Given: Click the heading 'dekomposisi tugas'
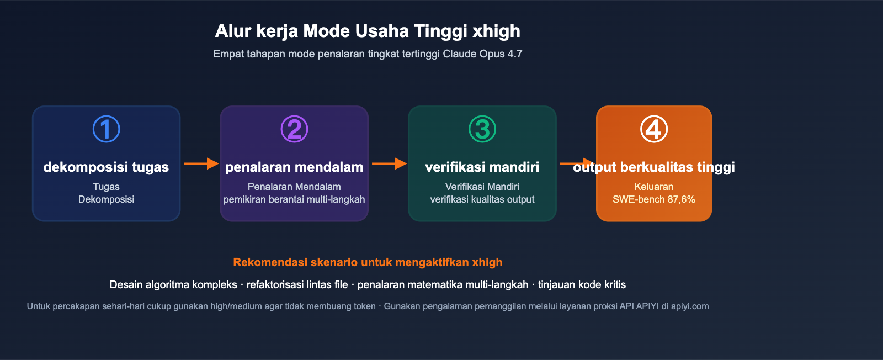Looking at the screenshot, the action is point(106,167).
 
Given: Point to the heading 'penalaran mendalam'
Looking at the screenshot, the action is point(294,167).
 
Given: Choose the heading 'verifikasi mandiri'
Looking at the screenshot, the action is point(482,167).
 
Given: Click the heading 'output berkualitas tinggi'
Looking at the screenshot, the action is point(654,167).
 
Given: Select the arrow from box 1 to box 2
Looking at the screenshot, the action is point(201,163).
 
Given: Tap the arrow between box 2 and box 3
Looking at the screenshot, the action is point(389,163).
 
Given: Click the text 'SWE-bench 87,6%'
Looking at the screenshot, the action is point(653,199).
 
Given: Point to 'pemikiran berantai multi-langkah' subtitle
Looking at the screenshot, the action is point(294,199).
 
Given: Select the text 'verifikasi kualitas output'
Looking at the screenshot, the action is point(482,199).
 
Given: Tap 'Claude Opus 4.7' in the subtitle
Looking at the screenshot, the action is point(482,54).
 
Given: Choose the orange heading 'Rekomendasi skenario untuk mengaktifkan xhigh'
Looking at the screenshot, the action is point(368,262).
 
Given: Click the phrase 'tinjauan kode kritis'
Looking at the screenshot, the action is point(582,285).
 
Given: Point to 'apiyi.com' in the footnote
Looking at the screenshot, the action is point(690,306).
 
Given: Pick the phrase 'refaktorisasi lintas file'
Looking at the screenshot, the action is point(297,285).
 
